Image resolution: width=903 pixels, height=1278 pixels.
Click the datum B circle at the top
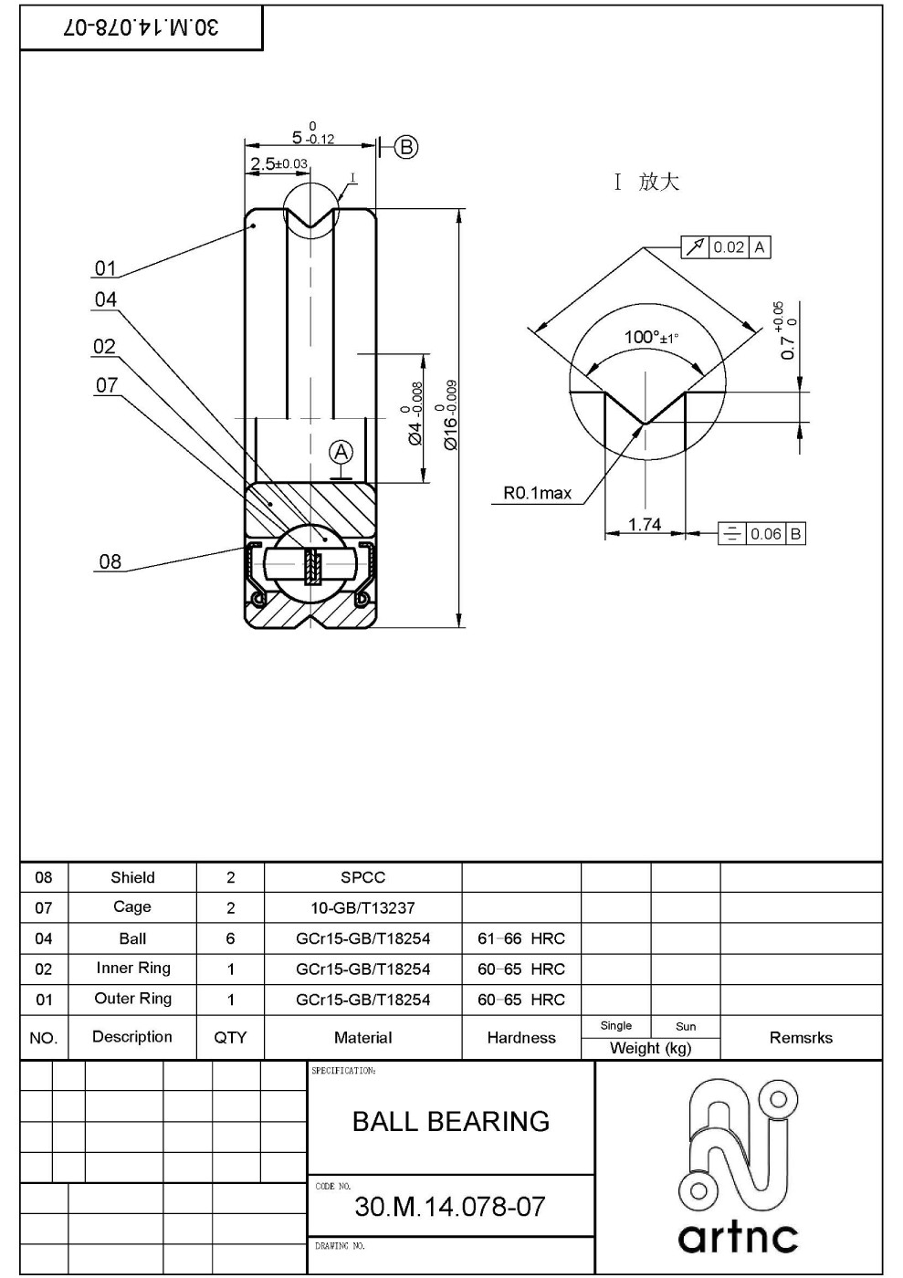406,147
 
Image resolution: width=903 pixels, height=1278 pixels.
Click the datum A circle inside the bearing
341,452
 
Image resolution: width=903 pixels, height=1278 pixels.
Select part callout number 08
110,562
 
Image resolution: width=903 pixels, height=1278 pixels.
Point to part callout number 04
106,299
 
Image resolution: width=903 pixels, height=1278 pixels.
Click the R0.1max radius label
537,494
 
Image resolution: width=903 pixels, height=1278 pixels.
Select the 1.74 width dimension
645,524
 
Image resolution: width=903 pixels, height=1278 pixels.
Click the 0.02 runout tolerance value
729,247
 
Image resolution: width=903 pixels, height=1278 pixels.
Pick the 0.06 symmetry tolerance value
765,534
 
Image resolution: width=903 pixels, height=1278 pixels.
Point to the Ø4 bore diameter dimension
415,414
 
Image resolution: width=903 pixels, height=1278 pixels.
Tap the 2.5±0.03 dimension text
278,164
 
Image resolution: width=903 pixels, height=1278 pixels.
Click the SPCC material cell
362,877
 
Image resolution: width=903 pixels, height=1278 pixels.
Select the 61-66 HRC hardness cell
521,938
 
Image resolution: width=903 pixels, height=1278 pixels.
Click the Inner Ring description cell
132,969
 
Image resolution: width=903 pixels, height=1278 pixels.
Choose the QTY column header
230,1038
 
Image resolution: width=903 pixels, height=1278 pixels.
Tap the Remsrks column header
801,1038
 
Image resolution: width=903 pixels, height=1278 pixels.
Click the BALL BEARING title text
451,1121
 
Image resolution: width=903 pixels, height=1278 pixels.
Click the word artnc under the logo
738,1238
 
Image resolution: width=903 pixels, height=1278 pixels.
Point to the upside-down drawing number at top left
142,27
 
